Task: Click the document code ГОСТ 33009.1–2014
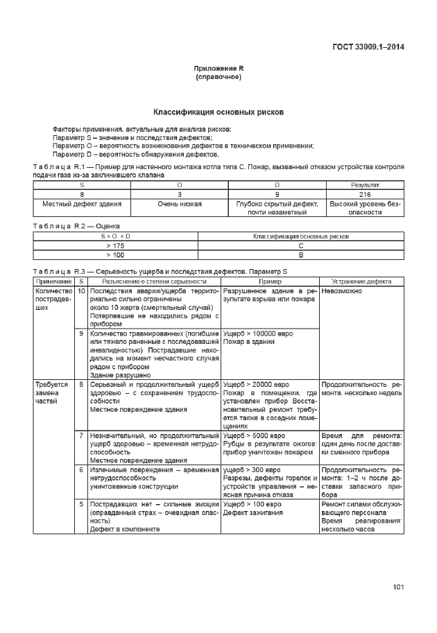(x=368, y=47)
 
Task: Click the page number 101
(x=398, y=588)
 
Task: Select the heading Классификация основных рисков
(x=218, y=112)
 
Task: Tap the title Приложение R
(x=218, y=69)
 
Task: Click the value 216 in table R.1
(x=365, y=195)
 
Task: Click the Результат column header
(x=365, y=186)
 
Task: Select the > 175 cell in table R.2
(x=116, y=245)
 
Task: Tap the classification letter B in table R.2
(x=300, y=254)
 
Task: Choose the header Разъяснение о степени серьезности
(x=154, y=281)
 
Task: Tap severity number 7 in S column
(x=81, y=435)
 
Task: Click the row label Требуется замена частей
(x=52, y=392)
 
